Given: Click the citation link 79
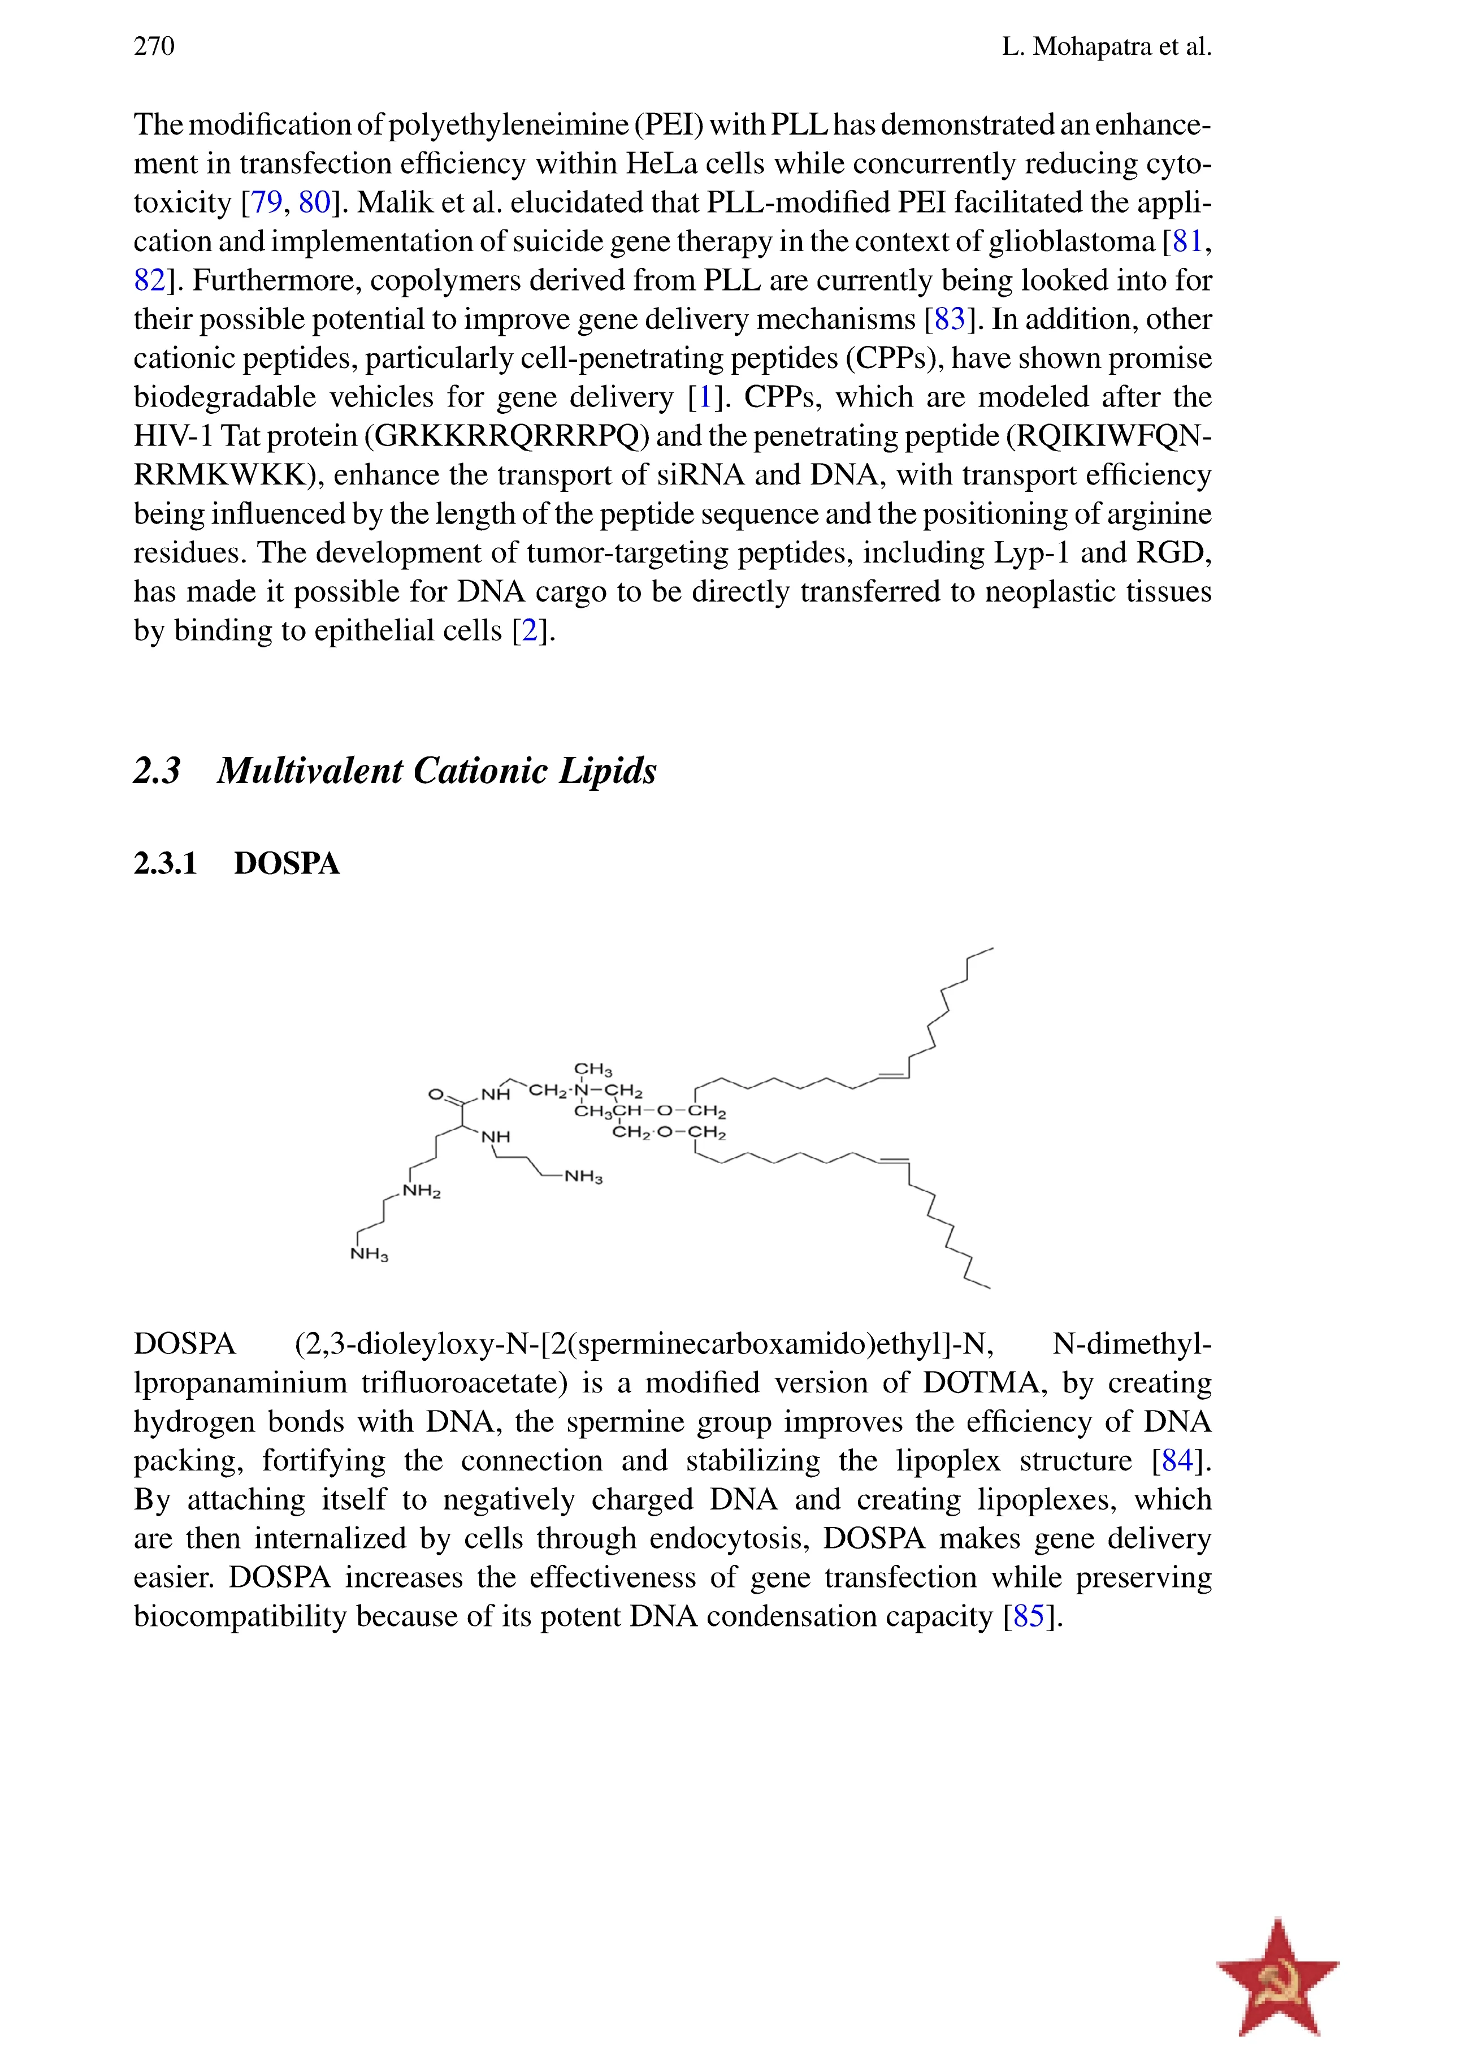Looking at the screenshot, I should tap(266, 202).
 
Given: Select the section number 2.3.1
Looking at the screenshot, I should tap(165, 864).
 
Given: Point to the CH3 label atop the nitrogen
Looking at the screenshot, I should tap(593, 1070).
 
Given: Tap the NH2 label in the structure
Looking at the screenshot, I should tap(421, 1191).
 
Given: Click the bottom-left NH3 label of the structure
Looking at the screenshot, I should tap(369, 1255).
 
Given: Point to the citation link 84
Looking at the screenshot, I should tap(1178, 1460).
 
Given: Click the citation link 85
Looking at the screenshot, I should tap(1029, 1616).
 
